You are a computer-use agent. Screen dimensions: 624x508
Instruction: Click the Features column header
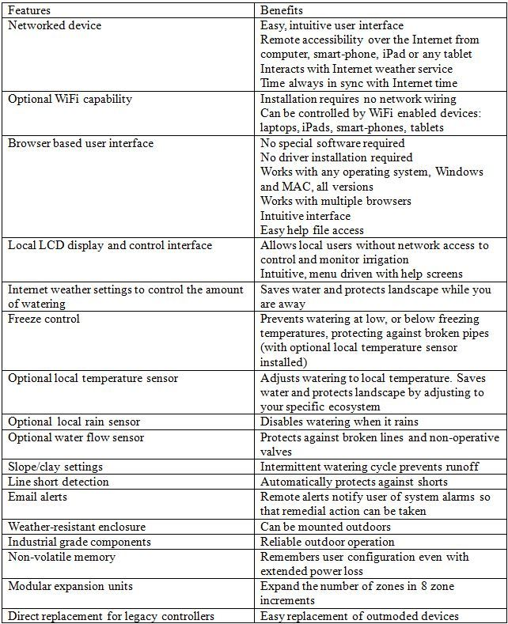click(30, 11)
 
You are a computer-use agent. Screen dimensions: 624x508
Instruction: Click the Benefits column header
click(282, 11)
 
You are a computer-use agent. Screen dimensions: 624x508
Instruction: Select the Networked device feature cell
click(55, 26)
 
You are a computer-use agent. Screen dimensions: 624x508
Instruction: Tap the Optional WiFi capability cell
click(70, 99)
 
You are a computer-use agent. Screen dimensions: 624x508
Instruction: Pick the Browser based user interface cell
click(81, 143)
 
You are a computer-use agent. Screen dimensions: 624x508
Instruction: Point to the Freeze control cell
click(44, 319)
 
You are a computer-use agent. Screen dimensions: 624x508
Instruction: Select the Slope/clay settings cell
click(55, 467)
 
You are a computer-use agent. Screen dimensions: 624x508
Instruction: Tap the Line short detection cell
click(59, 482)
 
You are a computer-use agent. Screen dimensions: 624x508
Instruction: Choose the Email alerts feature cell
click(37, 497)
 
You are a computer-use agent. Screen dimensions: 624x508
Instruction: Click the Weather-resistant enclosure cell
click(77, 527)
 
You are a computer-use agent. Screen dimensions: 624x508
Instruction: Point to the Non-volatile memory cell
click(62, 557)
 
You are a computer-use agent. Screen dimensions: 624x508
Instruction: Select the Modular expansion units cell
click(70, 586)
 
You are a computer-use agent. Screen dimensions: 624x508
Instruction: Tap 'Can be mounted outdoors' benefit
click(325, 527)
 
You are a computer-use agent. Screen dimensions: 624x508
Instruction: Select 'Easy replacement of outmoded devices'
click(359, 616)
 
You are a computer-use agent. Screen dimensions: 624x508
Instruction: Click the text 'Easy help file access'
click(312, 230)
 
